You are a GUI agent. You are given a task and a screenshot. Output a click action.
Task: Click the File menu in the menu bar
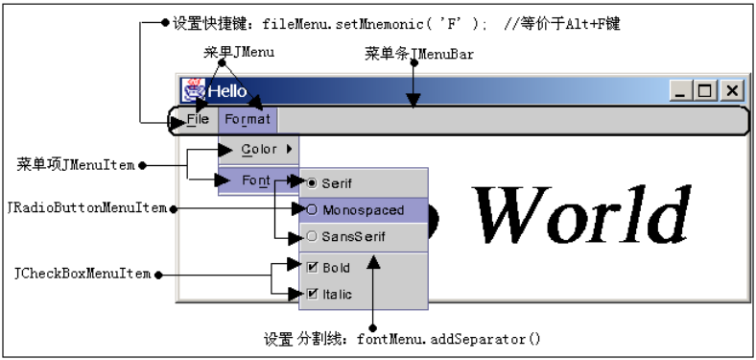[199, 120]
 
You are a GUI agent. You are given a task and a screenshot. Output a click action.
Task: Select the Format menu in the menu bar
[248, 120]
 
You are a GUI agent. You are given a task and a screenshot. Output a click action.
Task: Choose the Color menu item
[259, 149]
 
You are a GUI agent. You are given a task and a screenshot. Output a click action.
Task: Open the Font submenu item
[256, 180]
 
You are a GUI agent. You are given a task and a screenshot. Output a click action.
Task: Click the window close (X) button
[732, 90]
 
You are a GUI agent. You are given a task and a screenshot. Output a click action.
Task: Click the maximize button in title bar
[707, 90]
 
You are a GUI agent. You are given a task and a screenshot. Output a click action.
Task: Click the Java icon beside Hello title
[193, 90]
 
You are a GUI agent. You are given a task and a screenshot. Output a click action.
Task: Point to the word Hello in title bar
[227, 91]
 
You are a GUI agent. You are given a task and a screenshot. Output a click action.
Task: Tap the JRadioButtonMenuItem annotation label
[85, 207]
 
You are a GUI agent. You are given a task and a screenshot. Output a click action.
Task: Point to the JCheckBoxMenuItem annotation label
[83, 275]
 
